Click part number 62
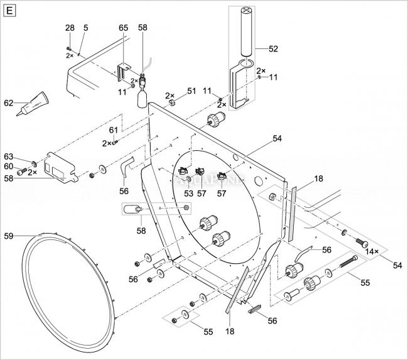(9, 102)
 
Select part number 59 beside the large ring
(9, 236)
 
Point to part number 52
(273, 48)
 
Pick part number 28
(69, 28)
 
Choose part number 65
(123, 28)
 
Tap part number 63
(9, 156)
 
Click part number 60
(9, 166)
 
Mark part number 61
(113, 130)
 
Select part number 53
(188, 193)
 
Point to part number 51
(191, 91)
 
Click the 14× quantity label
(373, 251)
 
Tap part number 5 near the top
(85, 28)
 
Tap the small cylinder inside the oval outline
(132, 209)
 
